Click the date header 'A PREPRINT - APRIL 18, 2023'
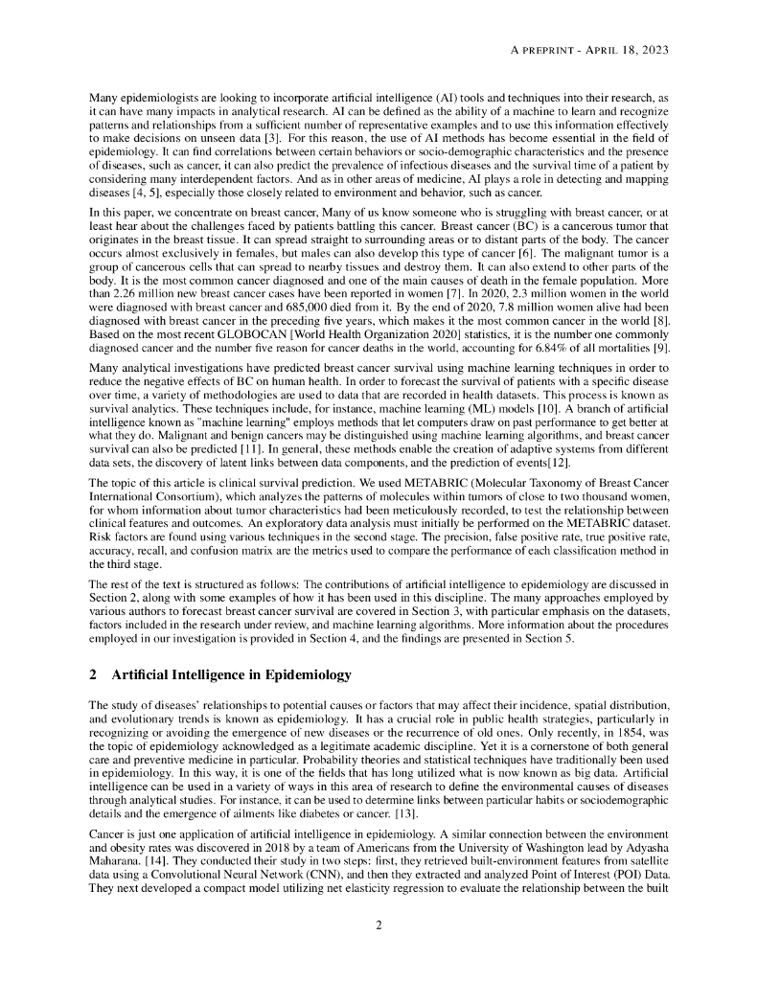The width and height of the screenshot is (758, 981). pyautogui.click(x=588, y=49)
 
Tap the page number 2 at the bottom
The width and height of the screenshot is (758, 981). pyautogui.click(x=379, y=924)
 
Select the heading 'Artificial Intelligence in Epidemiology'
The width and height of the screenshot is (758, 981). pyautogui.click(x=231, y=674)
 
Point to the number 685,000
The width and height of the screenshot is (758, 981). pyautogui.click(x=286, y=306)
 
